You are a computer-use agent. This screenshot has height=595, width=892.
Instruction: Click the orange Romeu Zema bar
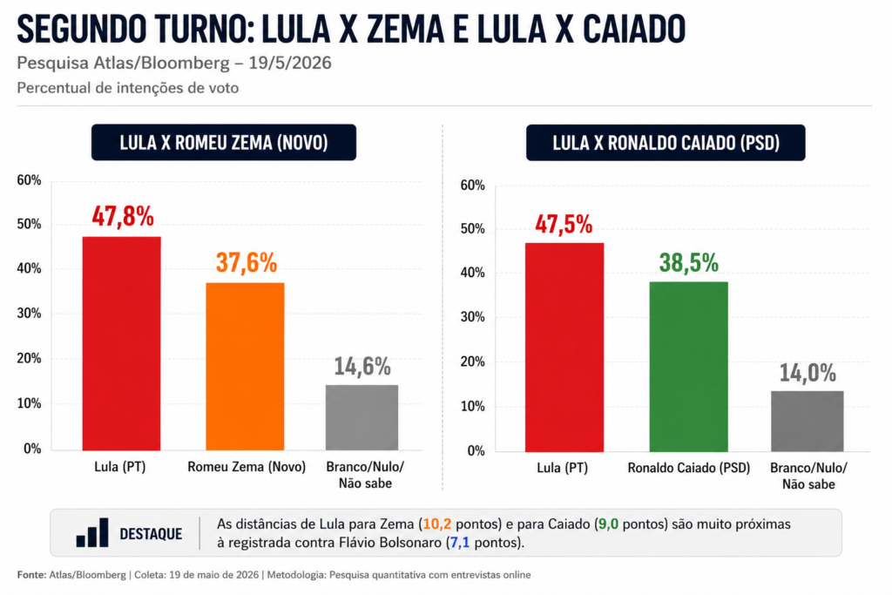[245, 367]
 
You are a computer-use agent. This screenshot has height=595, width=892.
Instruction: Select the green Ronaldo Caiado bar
[688, 367]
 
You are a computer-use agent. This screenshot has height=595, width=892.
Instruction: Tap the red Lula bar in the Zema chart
[122, 343]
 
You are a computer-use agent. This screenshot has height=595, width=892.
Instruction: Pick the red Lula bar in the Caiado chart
[564, 347]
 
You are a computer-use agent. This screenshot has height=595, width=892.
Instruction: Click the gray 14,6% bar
[362, 417]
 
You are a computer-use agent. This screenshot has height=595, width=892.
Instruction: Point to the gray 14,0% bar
[808, 421]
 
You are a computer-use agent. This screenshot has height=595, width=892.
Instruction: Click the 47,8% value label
[123, 217]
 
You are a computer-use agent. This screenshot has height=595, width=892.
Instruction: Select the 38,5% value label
[689, 263]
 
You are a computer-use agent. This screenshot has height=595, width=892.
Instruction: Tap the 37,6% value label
[247, 263]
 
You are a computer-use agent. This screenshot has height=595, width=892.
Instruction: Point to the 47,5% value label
[564, 224]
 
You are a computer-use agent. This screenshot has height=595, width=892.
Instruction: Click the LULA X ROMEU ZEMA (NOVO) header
[224, 142]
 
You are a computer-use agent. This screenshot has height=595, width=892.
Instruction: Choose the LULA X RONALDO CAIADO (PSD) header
[666, 143]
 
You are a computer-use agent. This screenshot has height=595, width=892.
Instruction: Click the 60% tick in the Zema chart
[29, 180]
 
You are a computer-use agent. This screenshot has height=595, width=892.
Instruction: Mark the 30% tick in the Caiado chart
[472, 317]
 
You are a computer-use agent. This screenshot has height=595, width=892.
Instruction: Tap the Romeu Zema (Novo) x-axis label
[247, 467]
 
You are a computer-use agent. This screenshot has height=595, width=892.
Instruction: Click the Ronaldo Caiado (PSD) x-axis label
[689, 468]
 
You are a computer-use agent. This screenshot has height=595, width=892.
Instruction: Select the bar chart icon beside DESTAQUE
[92, 532]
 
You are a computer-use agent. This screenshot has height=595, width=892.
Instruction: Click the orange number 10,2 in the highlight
[437, 524]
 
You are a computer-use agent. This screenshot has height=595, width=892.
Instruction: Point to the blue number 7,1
[460, 543]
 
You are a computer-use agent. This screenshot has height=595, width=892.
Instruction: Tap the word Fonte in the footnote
[31, 575]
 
